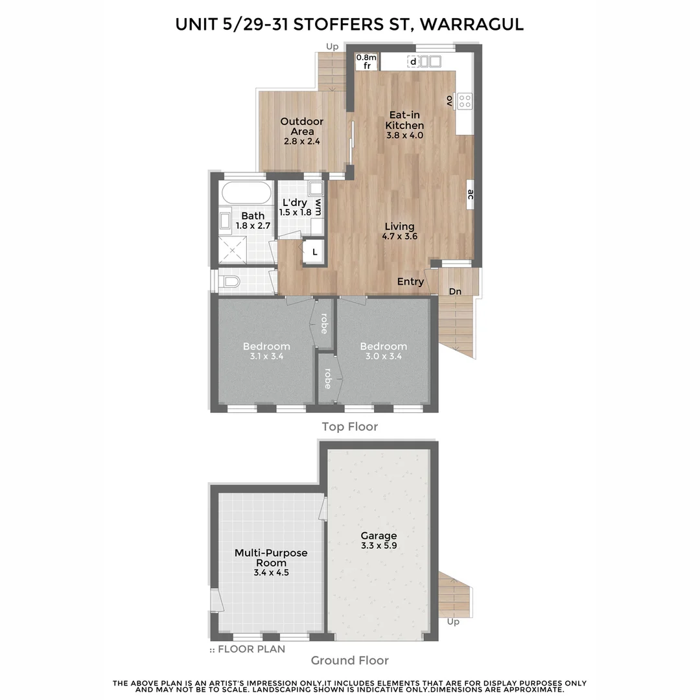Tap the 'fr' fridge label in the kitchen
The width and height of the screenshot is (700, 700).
click(x=366, y=66)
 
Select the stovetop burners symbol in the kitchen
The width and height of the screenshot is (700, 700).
click(x=465, y=100)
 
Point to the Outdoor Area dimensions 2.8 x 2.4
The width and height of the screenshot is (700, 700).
click(x=302, y=141)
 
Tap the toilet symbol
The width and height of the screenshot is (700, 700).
click(x=230, y=282)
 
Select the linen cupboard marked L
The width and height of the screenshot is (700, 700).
click(x=315, y=252)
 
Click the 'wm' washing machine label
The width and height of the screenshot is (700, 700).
click(x=318, y=207)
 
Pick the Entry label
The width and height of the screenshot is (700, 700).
click(x=411, y=282)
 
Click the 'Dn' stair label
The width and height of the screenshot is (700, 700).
click(x=456, y=292)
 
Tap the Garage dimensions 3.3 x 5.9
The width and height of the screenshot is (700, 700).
click(x=379, y=546)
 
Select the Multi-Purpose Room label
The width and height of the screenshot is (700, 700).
click(x=271, y=558)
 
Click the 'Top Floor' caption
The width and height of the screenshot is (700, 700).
click(x=350, y=426)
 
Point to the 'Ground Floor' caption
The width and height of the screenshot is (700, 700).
click(x=350, y=660)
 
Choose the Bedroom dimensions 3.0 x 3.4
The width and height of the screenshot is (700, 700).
click(x=384, y=356)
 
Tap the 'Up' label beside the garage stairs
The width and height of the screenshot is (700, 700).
click(x=453, y=622)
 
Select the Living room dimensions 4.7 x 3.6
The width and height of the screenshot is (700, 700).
click(x=399, y=237)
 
